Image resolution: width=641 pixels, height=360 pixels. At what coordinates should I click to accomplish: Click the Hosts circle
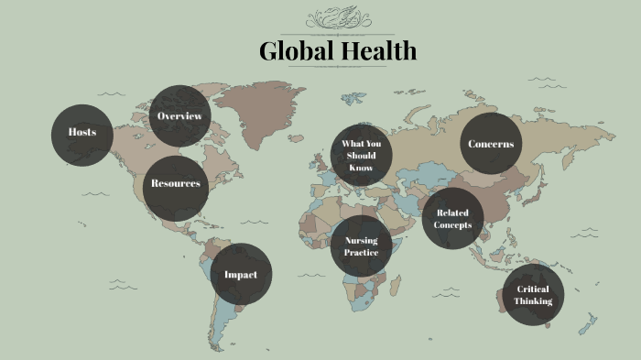(82, 134)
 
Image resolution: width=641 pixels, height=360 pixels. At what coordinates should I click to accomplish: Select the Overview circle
(179, 116)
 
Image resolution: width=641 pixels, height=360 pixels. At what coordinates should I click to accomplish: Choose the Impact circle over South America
(241, 274)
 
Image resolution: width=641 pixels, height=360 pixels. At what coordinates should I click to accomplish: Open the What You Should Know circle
(362, 155)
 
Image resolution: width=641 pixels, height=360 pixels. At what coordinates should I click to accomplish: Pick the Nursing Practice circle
(361, 246)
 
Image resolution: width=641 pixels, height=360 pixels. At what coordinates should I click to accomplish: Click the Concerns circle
(491, 144)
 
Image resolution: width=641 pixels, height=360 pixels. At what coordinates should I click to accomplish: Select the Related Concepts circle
(452, 219)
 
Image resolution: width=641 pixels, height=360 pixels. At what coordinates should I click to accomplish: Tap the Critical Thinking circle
(533, 295)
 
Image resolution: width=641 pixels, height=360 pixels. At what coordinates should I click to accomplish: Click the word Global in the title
(289, 51)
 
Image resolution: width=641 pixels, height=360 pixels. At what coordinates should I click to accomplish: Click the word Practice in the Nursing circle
(361, 252)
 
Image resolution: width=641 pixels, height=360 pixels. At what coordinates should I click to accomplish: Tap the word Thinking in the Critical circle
(533, 301)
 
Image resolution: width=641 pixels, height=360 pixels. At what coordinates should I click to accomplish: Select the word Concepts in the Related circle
(453, 225)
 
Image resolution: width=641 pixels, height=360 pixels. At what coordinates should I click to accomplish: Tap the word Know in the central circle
(362, 168)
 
